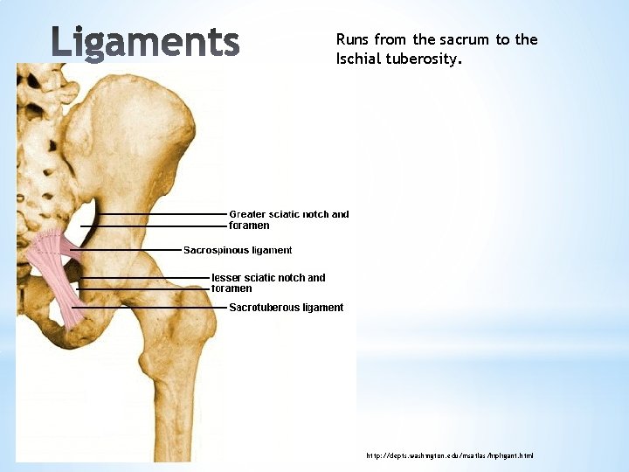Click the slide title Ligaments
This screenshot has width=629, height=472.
click(144, 42)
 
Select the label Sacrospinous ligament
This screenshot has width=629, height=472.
click(238, 250)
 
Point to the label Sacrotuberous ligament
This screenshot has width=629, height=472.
click(286, 308)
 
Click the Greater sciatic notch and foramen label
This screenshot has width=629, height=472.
click(288, 219)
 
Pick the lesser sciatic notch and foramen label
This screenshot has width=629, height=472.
click(268, 283)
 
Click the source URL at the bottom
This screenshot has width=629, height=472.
click(449, 455)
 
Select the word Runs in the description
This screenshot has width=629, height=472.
click(352, 39)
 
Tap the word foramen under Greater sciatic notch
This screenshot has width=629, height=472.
click(249, 226)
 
